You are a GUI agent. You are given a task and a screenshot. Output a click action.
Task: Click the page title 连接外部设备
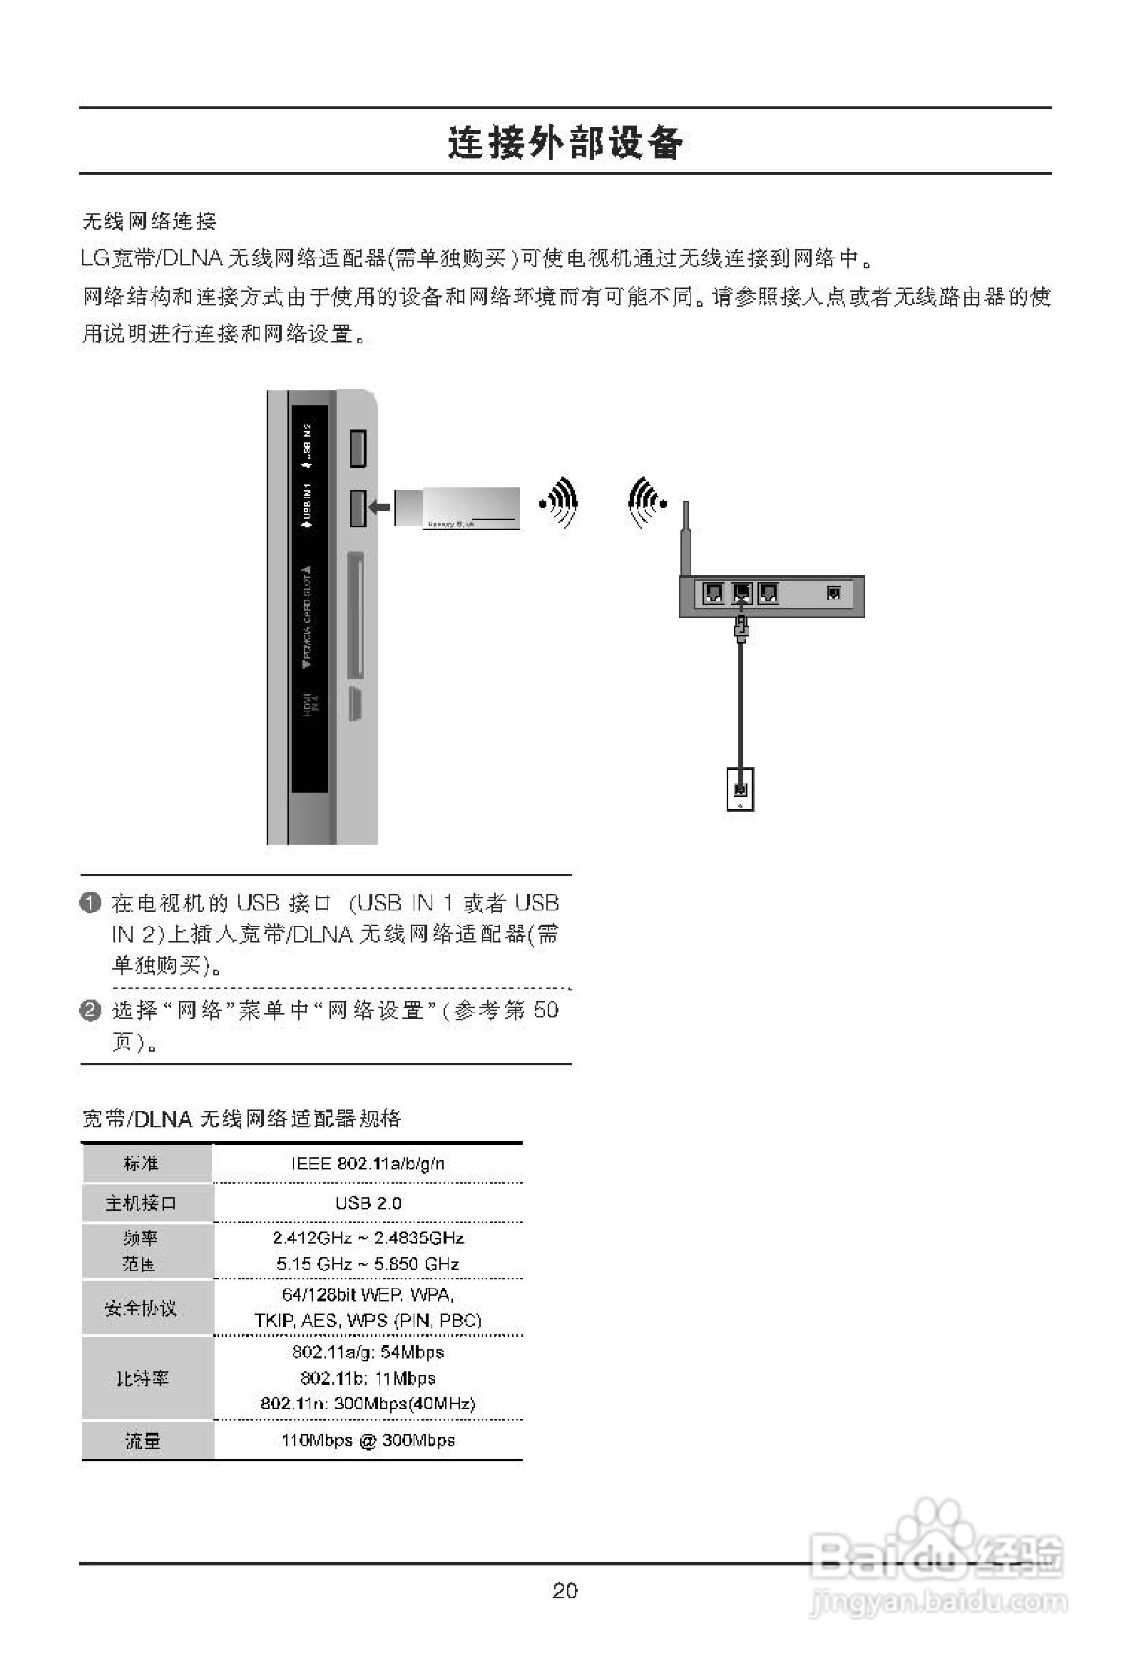[x=565, y=142]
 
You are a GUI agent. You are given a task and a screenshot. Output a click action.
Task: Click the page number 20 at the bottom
[x=565, y=1590]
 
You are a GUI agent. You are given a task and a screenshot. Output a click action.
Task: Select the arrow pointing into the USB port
[x=379, y=507]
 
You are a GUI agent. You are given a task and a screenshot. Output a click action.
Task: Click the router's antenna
[x=686, y=538]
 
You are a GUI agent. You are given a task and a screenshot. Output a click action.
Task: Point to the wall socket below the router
[x=740, y=788]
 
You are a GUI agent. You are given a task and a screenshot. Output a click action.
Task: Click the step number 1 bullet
[x=91, y=903]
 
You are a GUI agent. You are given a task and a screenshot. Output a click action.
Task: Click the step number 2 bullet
[x=91, y=1010]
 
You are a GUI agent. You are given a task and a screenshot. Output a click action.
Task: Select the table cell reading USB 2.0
[x=368, y=1203]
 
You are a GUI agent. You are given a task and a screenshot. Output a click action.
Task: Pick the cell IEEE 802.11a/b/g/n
[x=368, y=1163]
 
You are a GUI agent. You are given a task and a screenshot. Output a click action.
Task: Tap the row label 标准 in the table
[x=141, y=1163]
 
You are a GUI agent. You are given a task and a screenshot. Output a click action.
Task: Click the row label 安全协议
[x=141, y=1308]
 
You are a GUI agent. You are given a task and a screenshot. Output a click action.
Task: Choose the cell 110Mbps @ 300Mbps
[x=368, y=1441]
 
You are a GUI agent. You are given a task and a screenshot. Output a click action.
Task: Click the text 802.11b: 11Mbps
[x=368, y=1378]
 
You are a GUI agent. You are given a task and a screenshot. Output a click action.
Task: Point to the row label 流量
[x=142, y=1441]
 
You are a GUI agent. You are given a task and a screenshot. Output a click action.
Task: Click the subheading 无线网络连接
[x=149, y=220]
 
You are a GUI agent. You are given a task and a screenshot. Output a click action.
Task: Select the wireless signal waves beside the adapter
[x=560, y=502]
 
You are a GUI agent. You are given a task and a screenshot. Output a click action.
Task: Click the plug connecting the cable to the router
[x=741, y=628]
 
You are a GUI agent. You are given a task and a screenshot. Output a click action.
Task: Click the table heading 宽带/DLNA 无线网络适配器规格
[x=242, y=1118]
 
